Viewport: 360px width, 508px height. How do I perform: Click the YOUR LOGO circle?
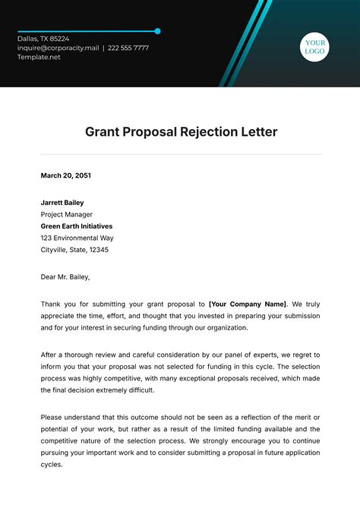[314, 47]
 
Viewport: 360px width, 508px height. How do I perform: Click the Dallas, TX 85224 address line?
[43, 39]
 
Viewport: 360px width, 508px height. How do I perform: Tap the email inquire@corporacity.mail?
[58, 48]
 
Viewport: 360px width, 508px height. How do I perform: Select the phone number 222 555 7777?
[128, 48]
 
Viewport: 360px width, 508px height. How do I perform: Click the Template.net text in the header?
[39, 57]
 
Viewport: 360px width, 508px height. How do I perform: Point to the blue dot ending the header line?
[157, 31]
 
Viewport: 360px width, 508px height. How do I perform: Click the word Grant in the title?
[102, 131]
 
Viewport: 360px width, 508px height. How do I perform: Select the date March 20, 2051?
[65, 175]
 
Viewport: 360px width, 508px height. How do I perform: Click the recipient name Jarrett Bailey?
[62, 203]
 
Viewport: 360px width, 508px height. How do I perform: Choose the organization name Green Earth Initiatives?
[77, 226]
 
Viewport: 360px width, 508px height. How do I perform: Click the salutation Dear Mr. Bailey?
[65, 277]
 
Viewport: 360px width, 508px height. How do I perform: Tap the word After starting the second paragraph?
[49, 355]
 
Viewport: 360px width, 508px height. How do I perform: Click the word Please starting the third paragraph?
[52, 417]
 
